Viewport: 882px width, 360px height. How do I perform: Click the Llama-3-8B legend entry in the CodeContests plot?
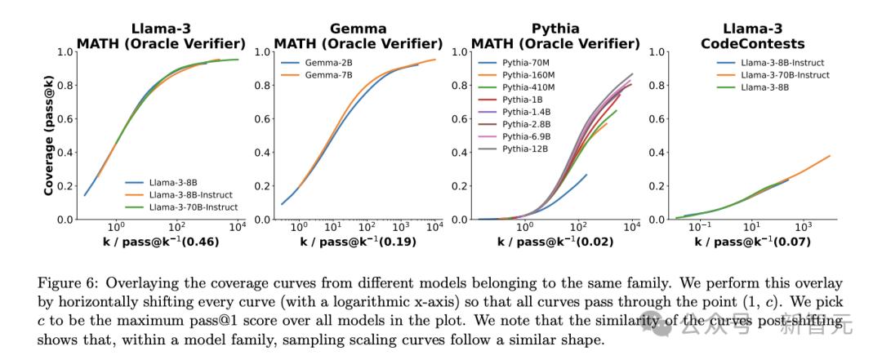pyautogui.click(x=754, y=87)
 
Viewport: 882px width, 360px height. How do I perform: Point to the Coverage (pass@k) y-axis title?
pyautogui.click(x=50, y=136)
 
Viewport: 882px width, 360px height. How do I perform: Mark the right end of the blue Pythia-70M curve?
pyautogui.click(x=586, y=174)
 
